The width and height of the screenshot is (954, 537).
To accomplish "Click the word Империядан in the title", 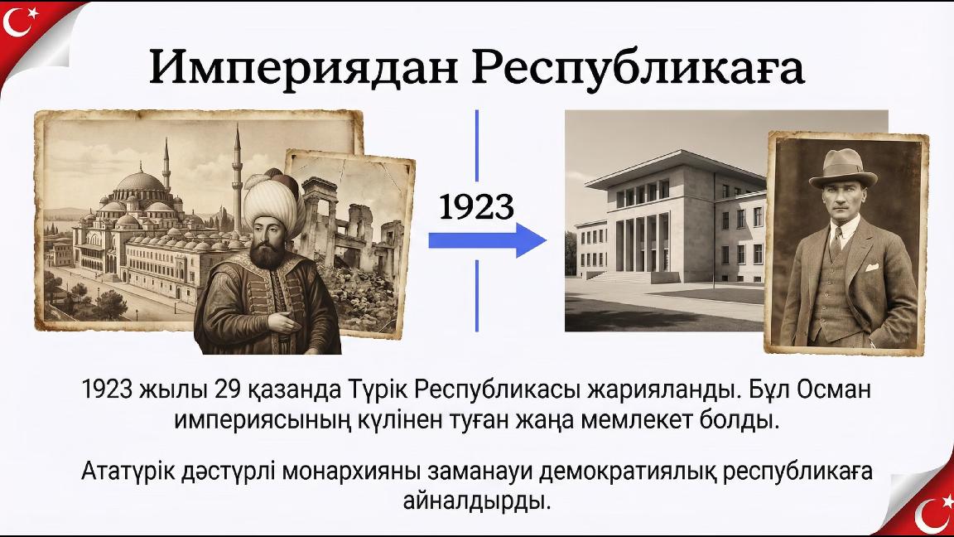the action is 303,67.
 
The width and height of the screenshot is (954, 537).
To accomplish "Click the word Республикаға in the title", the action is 638,68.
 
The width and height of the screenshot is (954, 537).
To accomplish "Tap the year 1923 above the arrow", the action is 476,207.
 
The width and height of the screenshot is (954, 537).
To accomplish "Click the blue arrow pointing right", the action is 487,240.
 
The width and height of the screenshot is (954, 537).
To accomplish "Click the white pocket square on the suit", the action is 872,267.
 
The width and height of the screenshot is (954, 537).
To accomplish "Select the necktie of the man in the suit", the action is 839,240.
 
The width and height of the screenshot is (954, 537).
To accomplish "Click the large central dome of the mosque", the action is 140,182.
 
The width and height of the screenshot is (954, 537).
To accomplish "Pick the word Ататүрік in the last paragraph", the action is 128,472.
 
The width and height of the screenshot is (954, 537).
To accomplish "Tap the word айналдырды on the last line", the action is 476,501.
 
